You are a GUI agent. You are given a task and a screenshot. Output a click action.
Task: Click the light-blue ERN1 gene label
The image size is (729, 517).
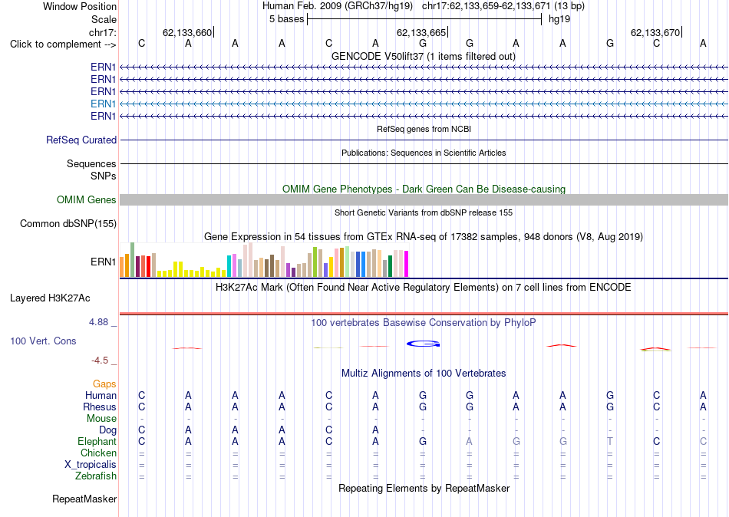tap(104, 104)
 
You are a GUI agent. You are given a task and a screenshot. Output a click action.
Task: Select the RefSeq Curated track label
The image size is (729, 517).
tap(81, 140)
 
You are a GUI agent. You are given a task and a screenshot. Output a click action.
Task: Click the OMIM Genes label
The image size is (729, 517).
tap(87, 200)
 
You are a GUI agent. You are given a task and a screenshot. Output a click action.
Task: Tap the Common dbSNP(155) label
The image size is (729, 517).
tap(68, 224)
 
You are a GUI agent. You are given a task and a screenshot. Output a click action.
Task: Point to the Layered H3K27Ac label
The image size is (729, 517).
tap(50, 298)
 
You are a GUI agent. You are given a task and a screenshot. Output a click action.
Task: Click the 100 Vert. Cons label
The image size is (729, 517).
tap(43, 341)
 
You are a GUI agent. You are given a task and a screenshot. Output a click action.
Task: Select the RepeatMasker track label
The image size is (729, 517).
tap(84, 499)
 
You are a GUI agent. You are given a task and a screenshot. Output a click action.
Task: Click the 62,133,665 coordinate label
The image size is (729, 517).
tap(421, 32)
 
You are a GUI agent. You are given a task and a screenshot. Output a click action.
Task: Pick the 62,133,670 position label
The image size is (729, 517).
tap(655, 32)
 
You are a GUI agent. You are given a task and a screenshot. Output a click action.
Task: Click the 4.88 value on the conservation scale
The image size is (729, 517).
tap(98, 321)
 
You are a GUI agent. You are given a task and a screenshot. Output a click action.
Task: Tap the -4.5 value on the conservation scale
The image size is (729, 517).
tap(100, 361)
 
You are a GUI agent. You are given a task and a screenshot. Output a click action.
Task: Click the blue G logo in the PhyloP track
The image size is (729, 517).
tap(423, 344)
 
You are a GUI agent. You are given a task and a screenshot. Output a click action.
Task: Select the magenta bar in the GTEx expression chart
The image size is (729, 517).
tap(407, 264)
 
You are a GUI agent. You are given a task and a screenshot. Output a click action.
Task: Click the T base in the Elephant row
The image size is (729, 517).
tap(610, 441)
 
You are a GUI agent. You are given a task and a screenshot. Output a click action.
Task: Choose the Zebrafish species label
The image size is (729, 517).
tap(96, 476)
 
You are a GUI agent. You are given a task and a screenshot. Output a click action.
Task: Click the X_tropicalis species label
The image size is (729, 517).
tap(91, 465)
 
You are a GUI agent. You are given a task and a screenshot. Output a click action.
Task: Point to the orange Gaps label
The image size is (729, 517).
tap(104, 384)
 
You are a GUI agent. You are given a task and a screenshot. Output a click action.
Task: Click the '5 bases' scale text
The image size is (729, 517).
tap(286, 19)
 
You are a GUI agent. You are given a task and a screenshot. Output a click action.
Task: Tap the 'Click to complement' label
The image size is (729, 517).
tap(63, 44)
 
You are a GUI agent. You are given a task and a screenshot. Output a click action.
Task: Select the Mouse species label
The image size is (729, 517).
tap(101, 419)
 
